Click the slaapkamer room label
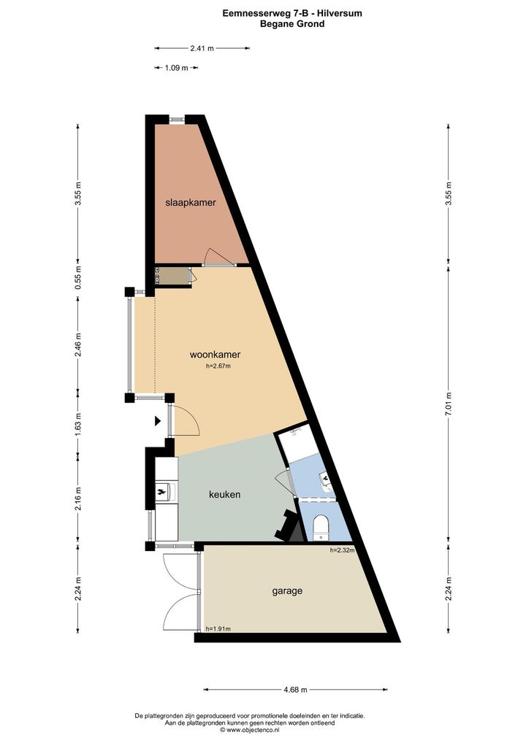[190, 203]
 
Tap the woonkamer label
[215, 355]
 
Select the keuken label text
[224, 494]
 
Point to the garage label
[287, 591]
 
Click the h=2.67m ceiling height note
[218, 366]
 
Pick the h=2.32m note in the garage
[343, 550]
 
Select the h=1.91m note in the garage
[218, 629]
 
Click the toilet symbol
[321, 527]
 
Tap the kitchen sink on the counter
[166, 491]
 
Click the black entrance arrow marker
[158, 420]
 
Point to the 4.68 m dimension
[295, 690]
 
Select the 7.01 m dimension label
[449, 404]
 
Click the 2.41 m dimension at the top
[202, 48]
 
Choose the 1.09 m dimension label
[177, 68]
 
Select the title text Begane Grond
[292, 23]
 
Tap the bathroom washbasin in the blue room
[327, 480]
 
